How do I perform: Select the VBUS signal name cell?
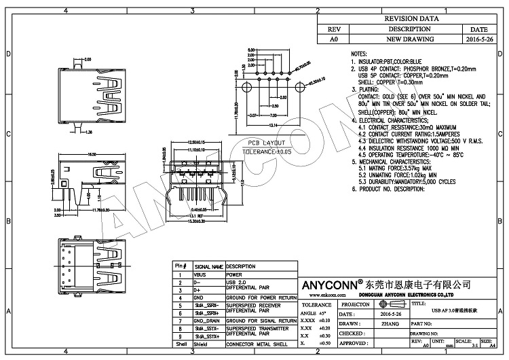pyautogui.click(x=201, y=274)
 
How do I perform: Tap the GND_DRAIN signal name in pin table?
pyautogui.click(x=206, y=320)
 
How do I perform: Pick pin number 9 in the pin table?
pyautogui.click(x=181, y=336)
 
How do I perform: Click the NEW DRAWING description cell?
pyautogui.click(x=409, y=39)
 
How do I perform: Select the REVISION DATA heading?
pyautogui.click(x=409, y=20)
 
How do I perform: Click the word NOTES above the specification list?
pyautogui.click(x=359, y=53)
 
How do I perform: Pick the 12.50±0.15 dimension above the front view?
pyautogui.click(x=196, y=142)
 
